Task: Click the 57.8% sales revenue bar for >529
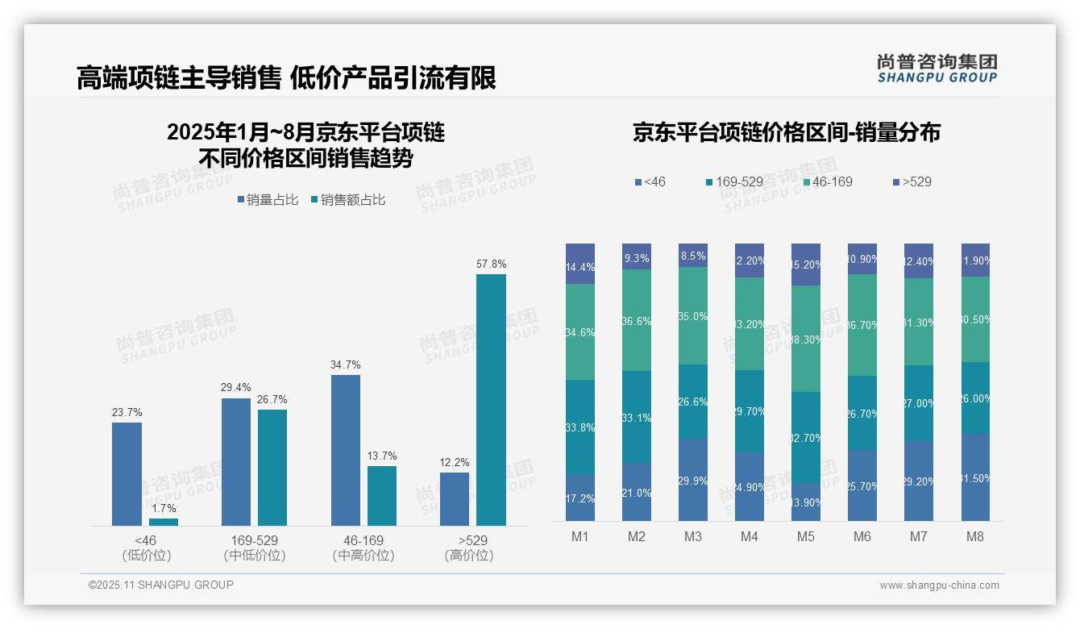[x=491, y=400]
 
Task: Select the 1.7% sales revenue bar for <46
[x=164, y=522]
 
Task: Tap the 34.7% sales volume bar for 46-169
[x=345, y=450]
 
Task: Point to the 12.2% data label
[x=455, y=463]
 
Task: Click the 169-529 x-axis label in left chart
[x=254, y=540]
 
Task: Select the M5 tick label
[x=806, y=537]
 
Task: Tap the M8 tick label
[x=974, y=537]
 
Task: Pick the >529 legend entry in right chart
[x=912, y=181]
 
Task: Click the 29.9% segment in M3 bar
[x=693, y=480]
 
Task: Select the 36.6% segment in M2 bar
[x=637, y=320]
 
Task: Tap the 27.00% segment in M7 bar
[x=918, y=403]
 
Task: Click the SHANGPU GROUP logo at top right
[x=937, y=68]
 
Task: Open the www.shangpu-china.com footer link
[x=939, y=585]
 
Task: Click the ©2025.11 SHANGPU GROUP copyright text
[x=161, y=585]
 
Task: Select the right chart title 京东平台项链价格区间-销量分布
[x=786, y=132]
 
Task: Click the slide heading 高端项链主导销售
[x=179, y=77]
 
